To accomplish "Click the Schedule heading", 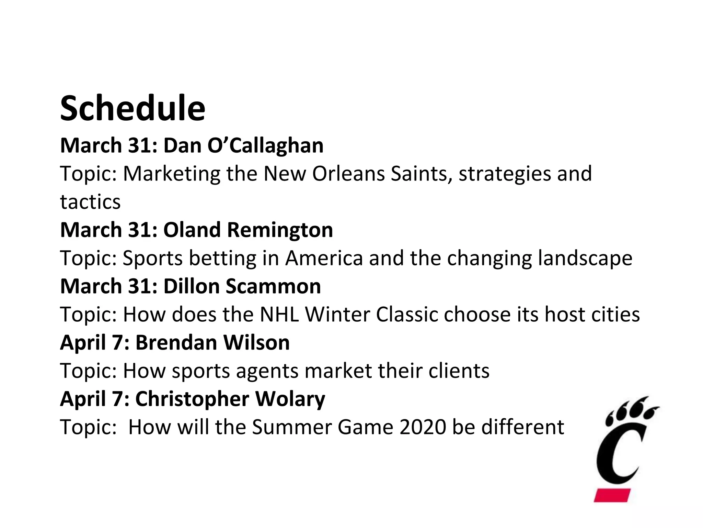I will (x=132, y=109).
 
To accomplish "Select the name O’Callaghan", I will (x=265, y=146).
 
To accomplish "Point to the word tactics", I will (x=90, y=202).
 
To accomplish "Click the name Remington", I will (x=280, y=230).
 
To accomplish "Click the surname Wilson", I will (x=256, y=343).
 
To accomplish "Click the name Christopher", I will (x=192, y=399).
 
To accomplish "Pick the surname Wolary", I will (x=290, y=399).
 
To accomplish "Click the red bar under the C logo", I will (x=612, y=495).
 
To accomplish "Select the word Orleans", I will (x=348, y=174).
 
